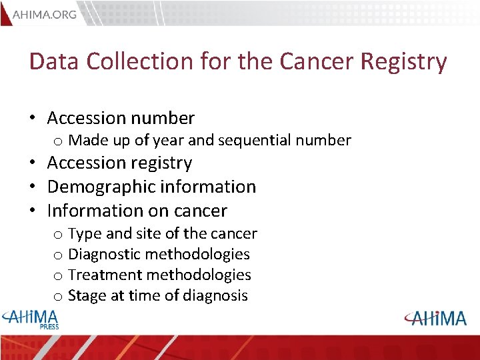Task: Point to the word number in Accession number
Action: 163,119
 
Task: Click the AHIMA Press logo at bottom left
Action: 31,319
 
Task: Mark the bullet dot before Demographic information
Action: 33,187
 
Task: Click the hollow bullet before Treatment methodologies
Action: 58,276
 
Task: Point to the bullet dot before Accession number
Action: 33,119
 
